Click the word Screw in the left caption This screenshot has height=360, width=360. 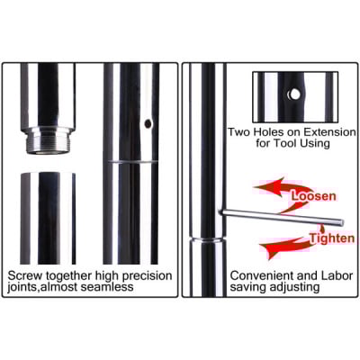point(27,274)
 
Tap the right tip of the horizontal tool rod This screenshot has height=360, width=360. point(341,221)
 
